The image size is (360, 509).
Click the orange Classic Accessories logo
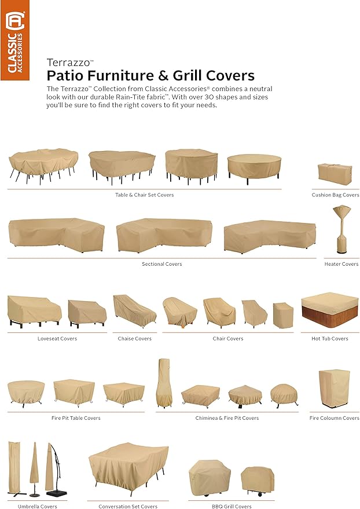[15, 40]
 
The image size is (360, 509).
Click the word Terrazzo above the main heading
[68, 63]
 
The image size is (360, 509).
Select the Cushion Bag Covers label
[335, 195]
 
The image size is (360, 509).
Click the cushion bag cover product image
[335, 174]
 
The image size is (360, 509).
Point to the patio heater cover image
[341, 229]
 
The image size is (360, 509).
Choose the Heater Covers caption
[341, 264]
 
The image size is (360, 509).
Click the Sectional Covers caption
[162, 264]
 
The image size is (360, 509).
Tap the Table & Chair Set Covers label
[144, 195]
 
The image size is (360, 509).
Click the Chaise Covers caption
[135, 339]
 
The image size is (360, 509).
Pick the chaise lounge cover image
[134, 310]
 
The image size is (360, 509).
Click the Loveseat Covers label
[57, 339]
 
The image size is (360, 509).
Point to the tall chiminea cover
[163, 383]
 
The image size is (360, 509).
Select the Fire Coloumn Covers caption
[335, 418]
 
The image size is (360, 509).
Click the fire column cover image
[334, 389]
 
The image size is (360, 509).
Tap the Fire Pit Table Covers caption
[76, 418]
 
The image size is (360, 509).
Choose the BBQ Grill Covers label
[232, 506]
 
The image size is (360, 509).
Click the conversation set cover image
[128, 467]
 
